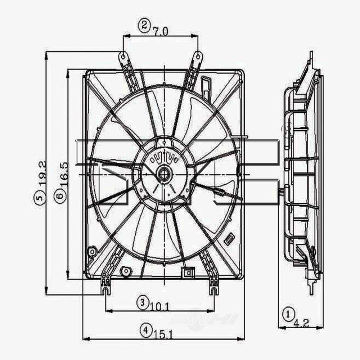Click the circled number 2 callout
[144, 25]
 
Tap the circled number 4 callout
[145, 329]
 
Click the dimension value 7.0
[160, 31]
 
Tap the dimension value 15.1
[161, 334]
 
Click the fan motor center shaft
[164, 174]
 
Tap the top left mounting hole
[123, 56]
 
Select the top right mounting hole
[198, 56]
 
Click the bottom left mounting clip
[105, 288]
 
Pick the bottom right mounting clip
[214, 288]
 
